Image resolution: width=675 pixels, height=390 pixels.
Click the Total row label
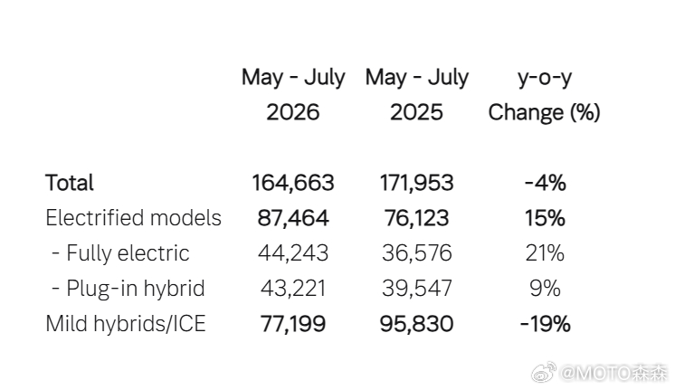coord(70,183)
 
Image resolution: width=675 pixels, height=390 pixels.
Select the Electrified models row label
coord(133,218)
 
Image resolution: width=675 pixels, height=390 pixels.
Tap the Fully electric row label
coord(120,253)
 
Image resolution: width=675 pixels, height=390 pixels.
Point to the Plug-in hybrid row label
coord(128,289)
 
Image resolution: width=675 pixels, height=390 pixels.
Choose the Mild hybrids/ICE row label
coord(126,324)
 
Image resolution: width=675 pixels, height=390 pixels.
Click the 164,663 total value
coord(293,183)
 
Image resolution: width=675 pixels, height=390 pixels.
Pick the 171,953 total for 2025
coord(417,183)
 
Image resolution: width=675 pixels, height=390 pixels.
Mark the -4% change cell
coord(545,183)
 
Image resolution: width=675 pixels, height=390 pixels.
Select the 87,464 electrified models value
coord(293,218)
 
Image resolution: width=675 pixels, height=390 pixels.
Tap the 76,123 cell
coord(417,218)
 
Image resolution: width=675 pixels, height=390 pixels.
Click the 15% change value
coord(545,218)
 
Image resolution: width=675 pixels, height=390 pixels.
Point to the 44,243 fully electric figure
coord(293,253)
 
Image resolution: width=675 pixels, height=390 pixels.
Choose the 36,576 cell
coord(417,253)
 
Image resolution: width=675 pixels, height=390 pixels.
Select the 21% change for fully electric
coord(545,253)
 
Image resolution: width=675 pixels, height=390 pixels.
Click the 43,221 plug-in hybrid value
coord(293,289)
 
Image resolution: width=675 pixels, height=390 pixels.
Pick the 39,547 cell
coord(417,289)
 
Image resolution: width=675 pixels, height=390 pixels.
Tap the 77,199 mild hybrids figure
coord(293,324)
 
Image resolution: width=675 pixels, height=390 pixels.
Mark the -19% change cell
coord(545,324)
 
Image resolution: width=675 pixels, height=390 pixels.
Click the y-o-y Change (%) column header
coord(544,95)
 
